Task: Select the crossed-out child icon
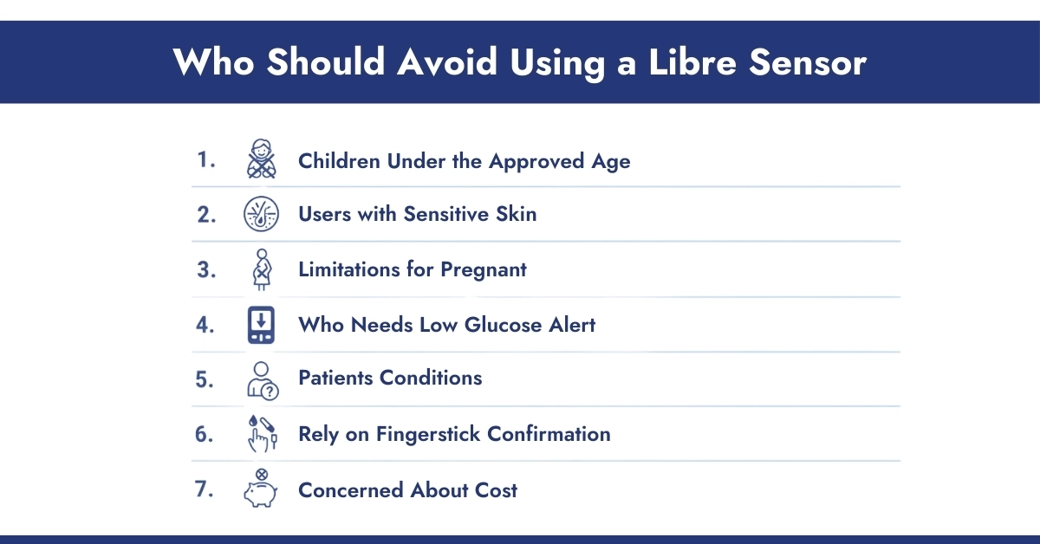point(260,160)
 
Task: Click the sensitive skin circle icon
point(260,215)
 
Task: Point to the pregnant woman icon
point(260,269)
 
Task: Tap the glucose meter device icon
point(260,325)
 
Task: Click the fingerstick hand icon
point(260,434)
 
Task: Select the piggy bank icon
point(260,489)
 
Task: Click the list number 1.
point(205,160)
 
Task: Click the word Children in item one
point(340,161)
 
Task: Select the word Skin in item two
point(515,215)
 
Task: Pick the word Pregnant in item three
point(484,270)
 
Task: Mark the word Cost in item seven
point(496,489)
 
